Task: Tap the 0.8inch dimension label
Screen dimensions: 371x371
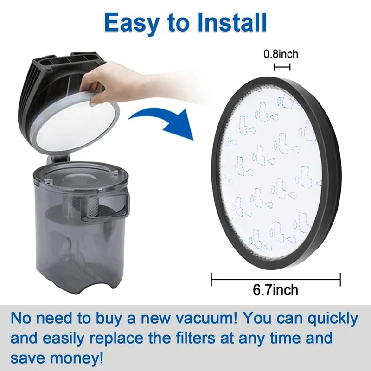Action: (281, 54)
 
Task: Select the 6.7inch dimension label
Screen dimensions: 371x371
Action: (275, 291)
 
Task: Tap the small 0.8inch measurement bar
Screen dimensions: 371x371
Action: (282, 67)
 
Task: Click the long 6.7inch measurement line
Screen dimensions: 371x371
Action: (275, 279)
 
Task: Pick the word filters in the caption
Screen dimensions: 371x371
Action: (207, 339)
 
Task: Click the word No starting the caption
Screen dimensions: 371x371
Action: (23, 320)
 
